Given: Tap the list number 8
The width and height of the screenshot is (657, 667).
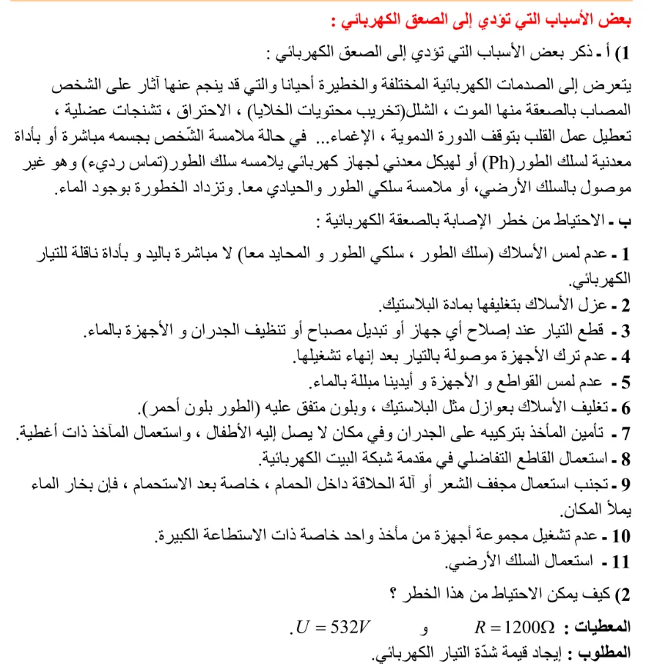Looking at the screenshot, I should [624, 460].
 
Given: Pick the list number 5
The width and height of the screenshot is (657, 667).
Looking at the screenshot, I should [624, 381].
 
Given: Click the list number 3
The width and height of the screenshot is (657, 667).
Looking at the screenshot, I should [624, 331].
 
